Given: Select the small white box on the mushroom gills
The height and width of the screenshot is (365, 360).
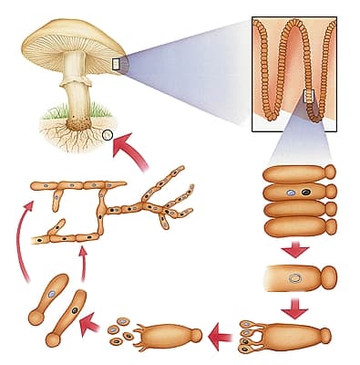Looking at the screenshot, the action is click(116, 63).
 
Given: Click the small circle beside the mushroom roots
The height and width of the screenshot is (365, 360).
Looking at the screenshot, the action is click(108, 135).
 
